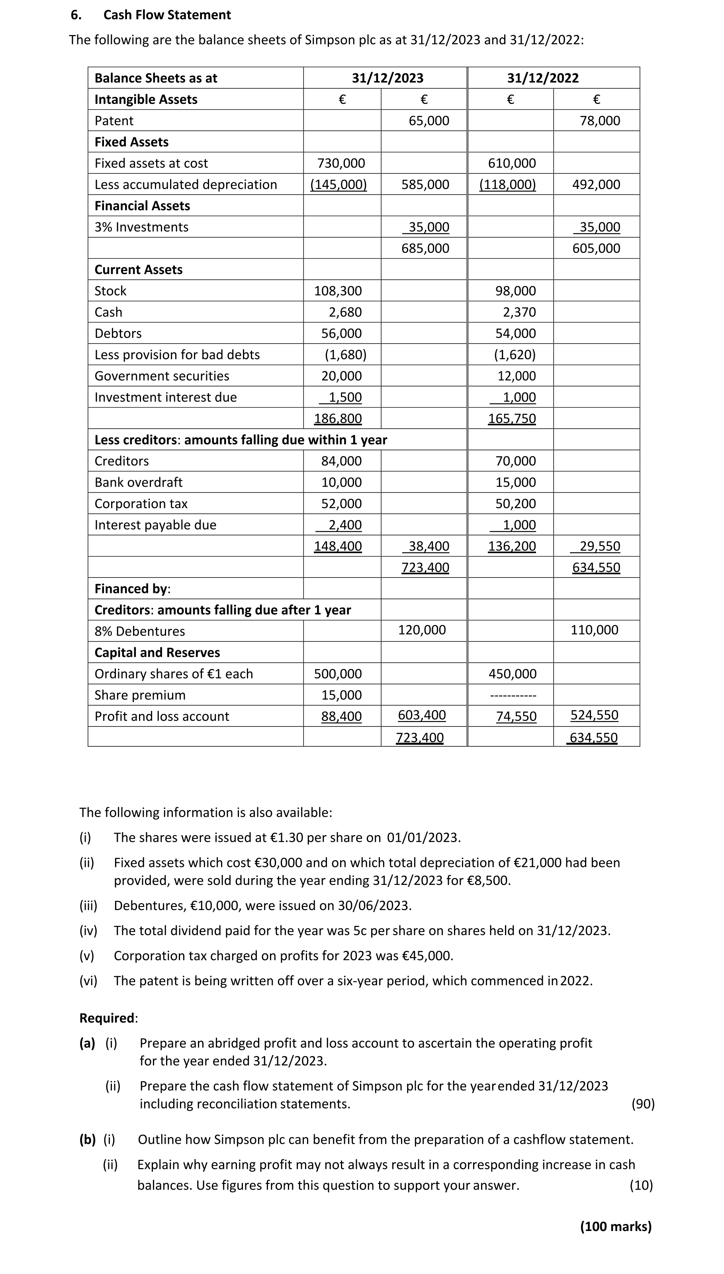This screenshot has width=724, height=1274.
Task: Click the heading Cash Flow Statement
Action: tap(167, 15)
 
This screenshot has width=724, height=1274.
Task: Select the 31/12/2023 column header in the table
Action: tap(387, 78)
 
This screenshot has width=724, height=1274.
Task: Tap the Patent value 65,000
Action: tap(429, 121)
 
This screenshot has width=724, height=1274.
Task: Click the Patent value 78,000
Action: tap(600, 121)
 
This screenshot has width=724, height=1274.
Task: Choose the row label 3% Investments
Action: tap(142, 227)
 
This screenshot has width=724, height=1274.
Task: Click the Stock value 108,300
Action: tap(338, 291)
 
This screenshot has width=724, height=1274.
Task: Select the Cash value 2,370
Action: tap(519, 312)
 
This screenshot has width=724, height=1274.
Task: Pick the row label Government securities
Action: tap(162, 376)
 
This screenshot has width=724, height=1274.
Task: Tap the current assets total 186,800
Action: tap(338, 419)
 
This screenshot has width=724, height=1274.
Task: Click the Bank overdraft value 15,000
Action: tap(516, 482)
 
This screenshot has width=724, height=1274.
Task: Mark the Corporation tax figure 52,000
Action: tap(341, 504)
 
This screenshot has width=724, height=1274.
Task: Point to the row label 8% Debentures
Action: tap(140, 632)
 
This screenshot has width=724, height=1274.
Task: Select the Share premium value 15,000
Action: tap(341, 695)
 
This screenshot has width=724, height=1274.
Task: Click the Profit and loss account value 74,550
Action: tap(516, 716)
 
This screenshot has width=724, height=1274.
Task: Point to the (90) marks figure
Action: tap(642, 1104)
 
